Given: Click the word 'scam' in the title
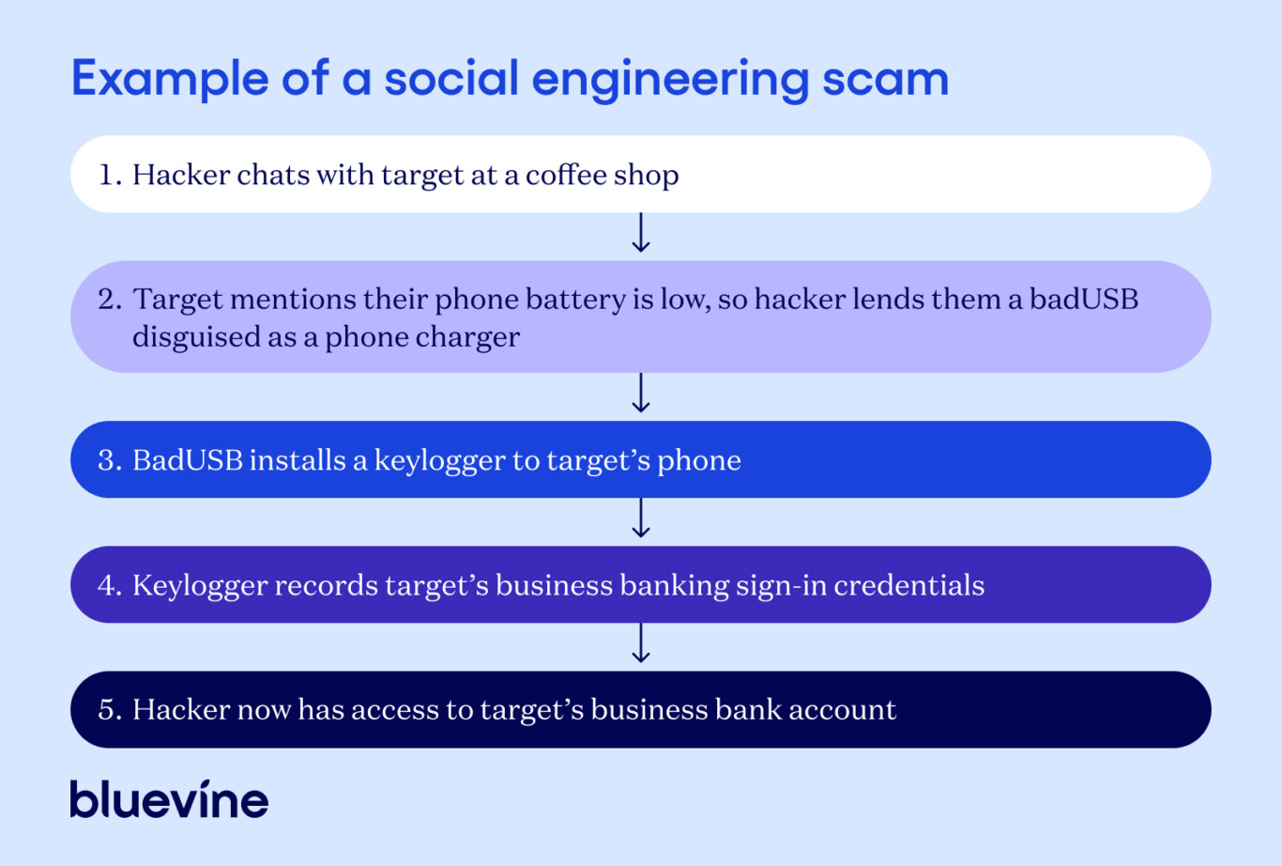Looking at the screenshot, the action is click(x=885, y=79).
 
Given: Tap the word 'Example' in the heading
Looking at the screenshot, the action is click(x=170, y=80).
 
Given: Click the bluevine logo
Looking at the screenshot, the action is click(x=170, y=798).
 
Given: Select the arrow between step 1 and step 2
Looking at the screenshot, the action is click(x=640, y=233).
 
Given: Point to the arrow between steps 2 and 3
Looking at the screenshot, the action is click(x=640, y=393).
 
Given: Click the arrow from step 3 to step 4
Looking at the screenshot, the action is click(x=640, y=518).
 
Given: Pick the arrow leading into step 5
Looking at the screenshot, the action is click(x=640, y=642).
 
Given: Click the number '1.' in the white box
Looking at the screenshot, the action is click(x=111, y=174).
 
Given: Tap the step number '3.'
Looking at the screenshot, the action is click(x=110, y=460).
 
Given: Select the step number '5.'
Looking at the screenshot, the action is click(x=110, y=710).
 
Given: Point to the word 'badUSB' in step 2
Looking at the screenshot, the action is click(x=1084, y=299).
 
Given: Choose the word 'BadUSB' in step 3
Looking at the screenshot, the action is click(x=188, y=460).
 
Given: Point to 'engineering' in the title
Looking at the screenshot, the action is click(x=670, y=80).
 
